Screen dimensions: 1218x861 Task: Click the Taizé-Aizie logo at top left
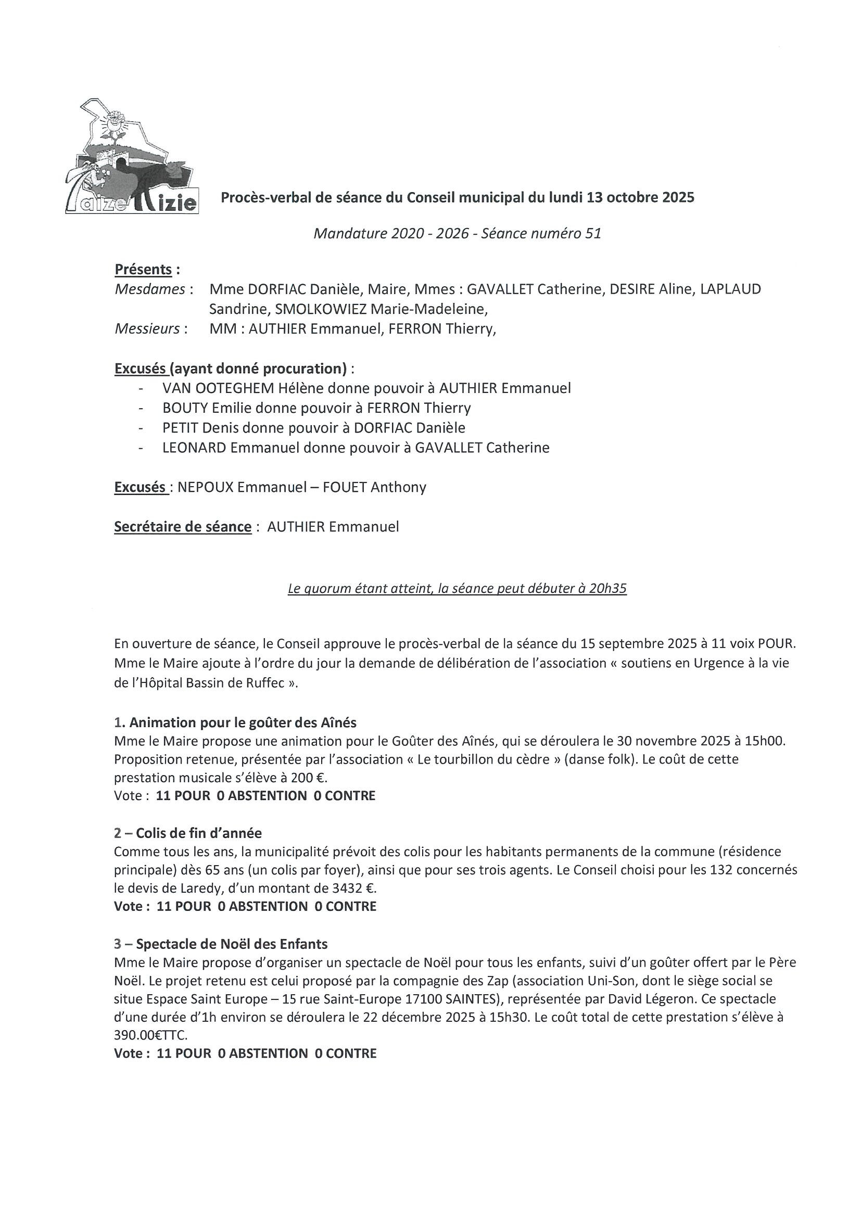132,156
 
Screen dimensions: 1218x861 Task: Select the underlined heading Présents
143,270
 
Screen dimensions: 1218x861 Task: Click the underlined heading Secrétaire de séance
183,527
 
